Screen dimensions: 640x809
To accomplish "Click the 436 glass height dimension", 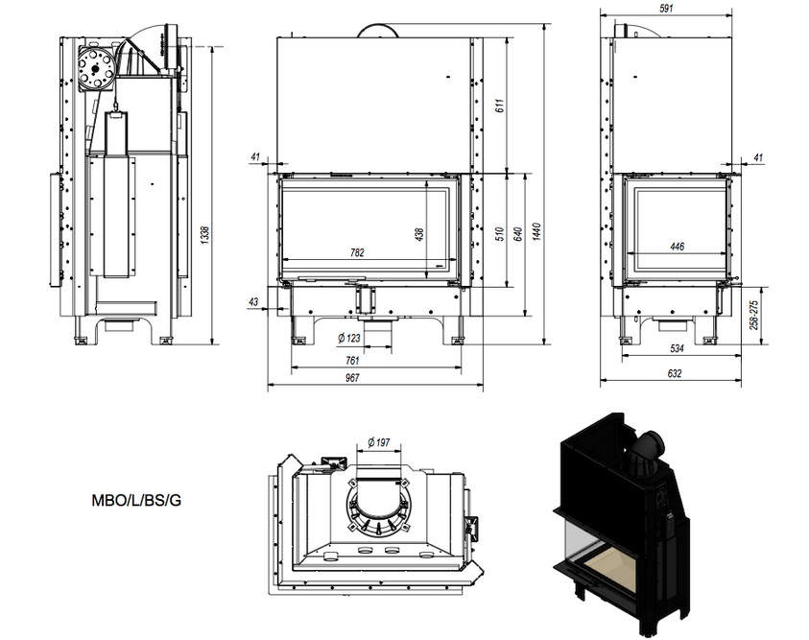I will [419, 233].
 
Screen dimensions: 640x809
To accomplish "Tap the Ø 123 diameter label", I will [349, 337].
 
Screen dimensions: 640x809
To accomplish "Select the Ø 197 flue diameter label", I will [378, 442].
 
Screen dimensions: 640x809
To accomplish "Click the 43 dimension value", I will [253, 303].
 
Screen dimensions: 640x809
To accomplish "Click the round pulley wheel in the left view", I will [96, 67].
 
